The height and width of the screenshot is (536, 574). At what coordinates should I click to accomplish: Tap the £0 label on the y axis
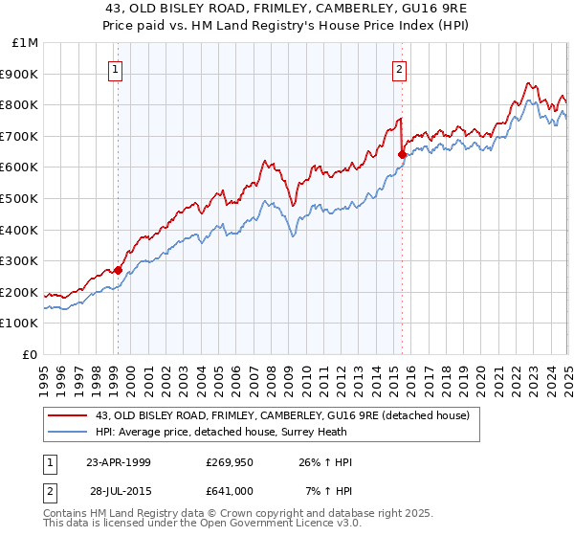[x=32, y=354]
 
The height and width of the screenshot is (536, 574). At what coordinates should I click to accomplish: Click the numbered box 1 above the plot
[x=115, y=69]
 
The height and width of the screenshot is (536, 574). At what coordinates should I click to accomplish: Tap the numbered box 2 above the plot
[x=398, y=69]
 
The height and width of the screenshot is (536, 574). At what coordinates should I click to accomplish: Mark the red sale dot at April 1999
[x=118, y=270]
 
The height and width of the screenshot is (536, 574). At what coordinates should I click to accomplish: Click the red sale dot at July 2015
[x=402, y=154]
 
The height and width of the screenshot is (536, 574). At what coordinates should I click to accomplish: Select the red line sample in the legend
[x=68, y=415]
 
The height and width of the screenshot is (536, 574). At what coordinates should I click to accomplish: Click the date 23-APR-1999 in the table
[x=119, y=462]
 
